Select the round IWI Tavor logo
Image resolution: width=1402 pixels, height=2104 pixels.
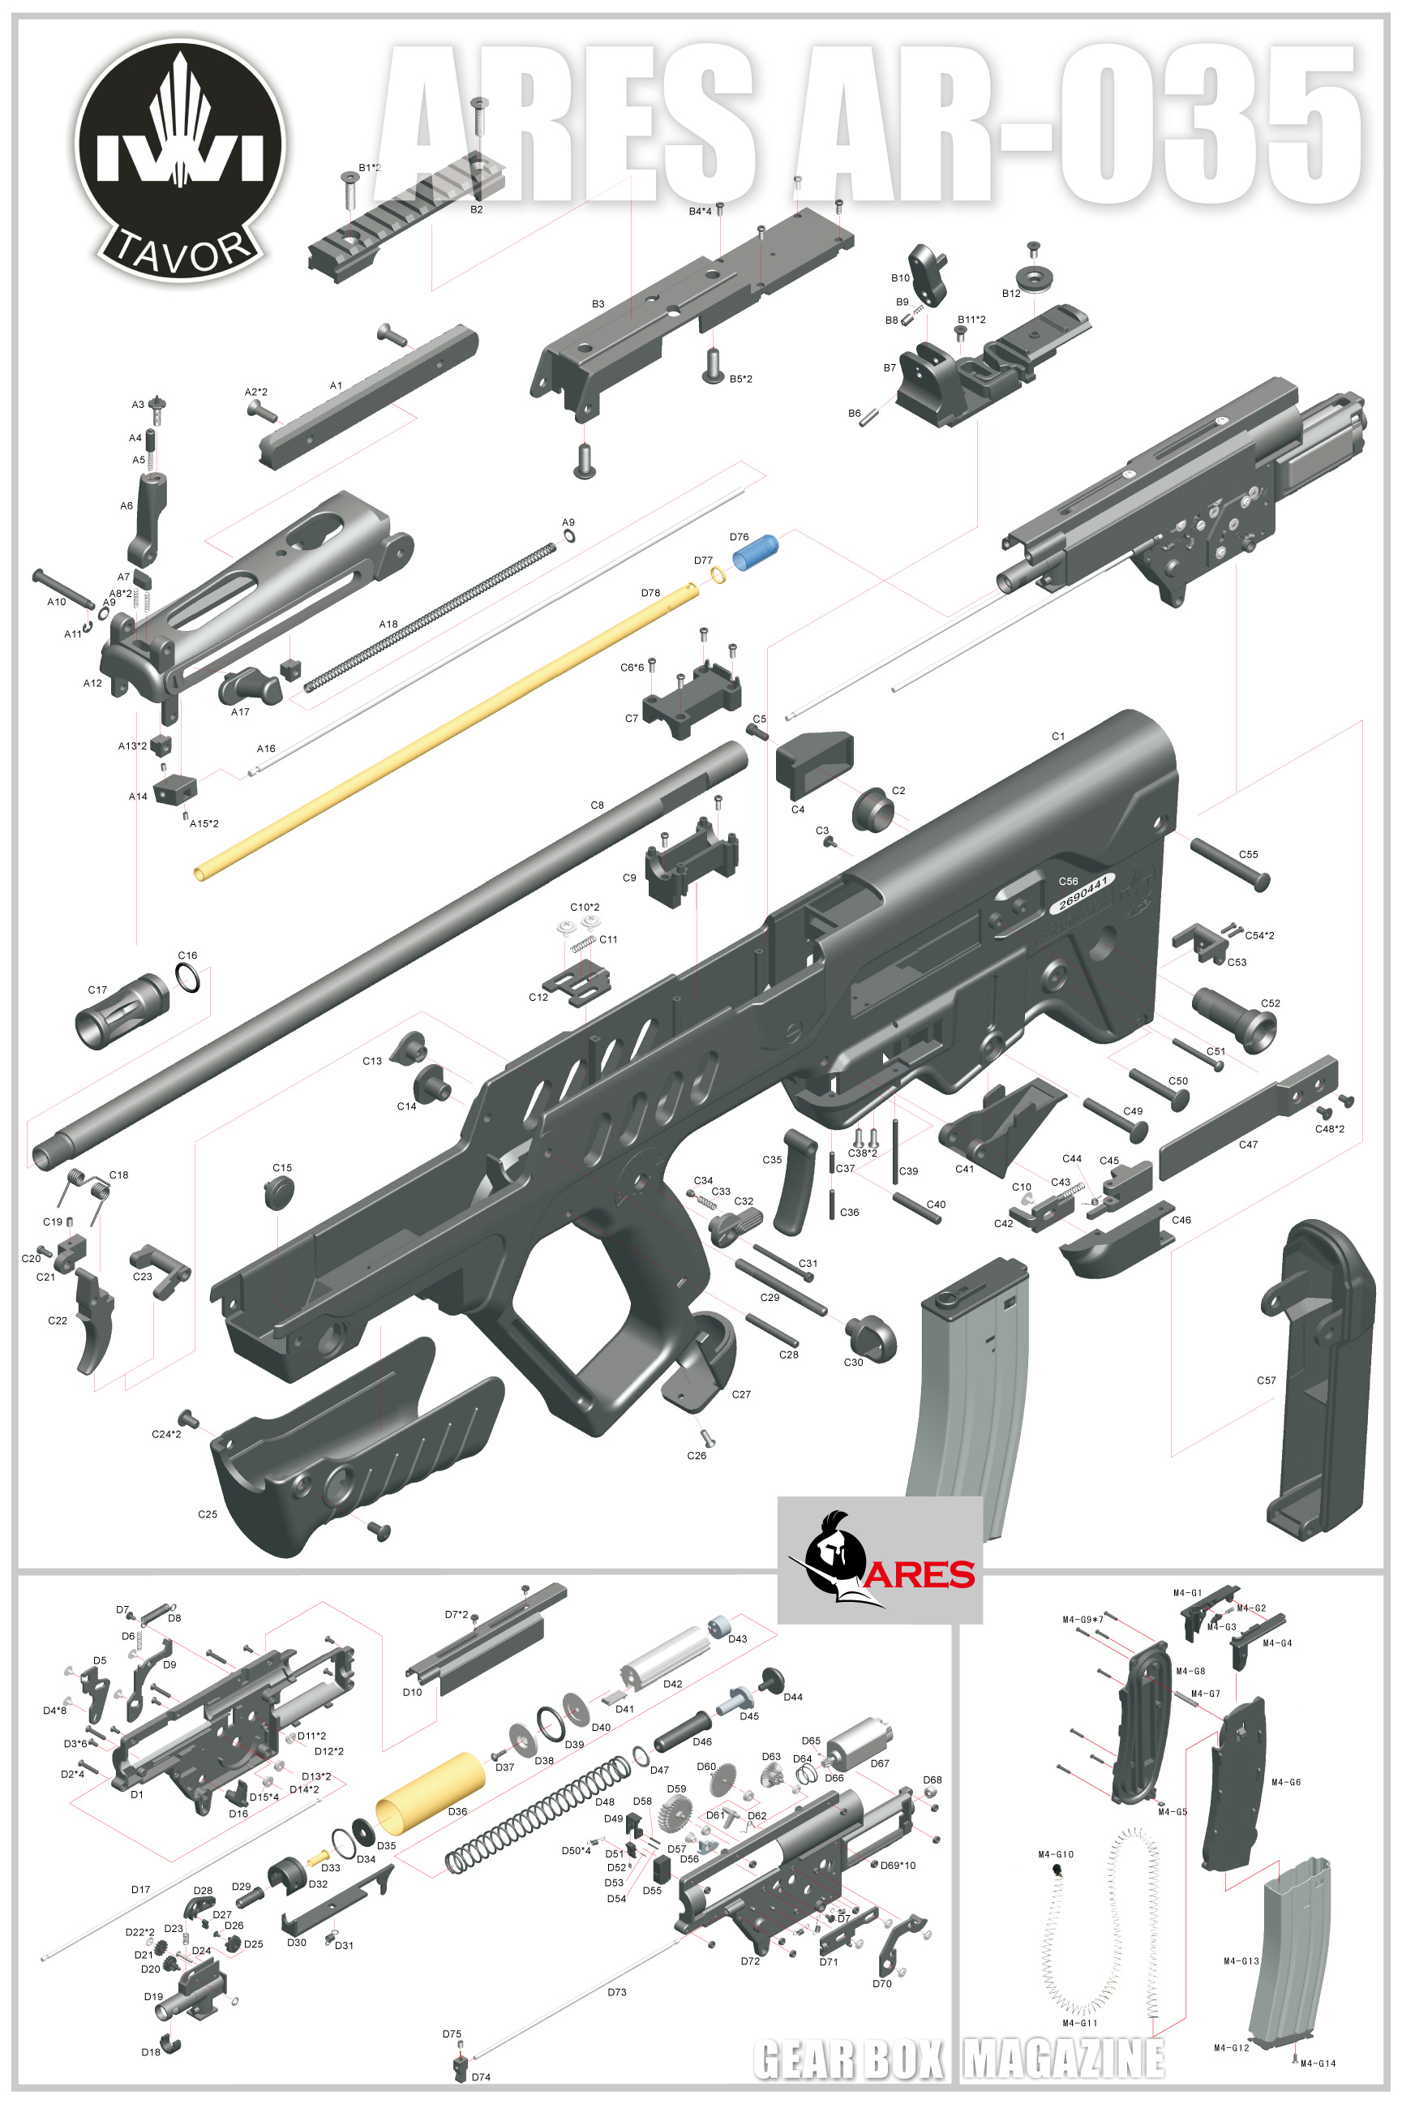click(x=180, y=160)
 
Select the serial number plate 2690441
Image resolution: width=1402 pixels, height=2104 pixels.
click(x=1083, y=892)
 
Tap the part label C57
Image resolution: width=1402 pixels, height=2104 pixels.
click(x=1266, y=1380)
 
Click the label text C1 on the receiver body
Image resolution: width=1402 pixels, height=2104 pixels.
click(x=1057, y=736)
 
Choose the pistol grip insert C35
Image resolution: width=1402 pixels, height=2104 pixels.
click(x=794, y=1182)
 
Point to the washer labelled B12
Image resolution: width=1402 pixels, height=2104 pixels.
click(x=1035, y=277)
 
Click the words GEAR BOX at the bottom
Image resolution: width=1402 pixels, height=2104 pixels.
click(x=847, y=2059)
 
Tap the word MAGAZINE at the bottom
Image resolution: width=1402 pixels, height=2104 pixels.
click(x=1064, y=2059)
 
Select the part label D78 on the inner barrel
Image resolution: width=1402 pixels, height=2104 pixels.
click(x=650, y=593)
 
